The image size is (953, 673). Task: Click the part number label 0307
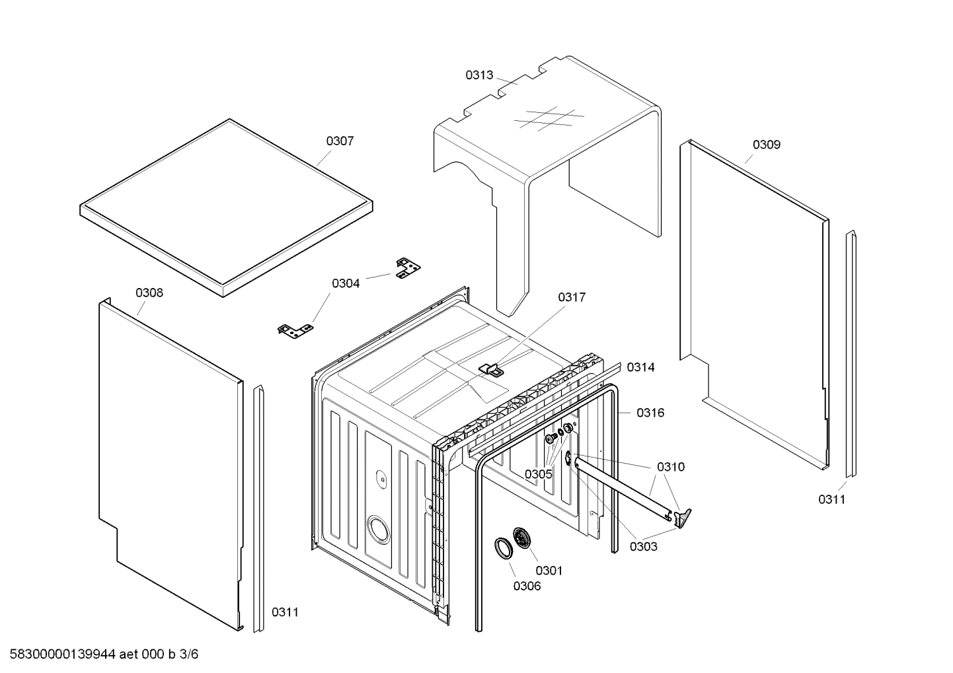pos(340,141)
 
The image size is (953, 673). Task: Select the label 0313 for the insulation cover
pos(479,75)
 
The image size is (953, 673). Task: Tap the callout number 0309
pos(767,145)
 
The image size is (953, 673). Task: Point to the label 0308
pos(149,293)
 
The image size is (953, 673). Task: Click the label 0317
pos(572,297)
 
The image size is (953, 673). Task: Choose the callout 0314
pos(640,367)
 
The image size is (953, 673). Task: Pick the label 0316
pos(650,413)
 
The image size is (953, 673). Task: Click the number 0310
pos(671,467)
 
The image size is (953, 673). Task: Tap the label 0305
pos(539,474)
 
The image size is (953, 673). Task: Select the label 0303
pos(643,546)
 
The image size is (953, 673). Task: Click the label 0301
pos(549,570)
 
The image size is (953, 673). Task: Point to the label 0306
pos(527,586)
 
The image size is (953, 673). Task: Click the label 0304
pos(346,283)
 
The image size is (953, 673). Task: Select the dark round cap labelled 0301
pos(522,538)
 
